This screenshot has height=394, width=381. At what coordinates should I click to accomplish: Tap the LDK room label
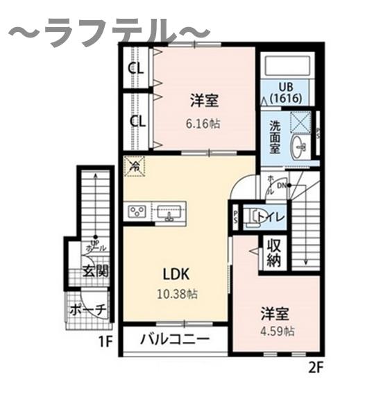[x=177, y=273]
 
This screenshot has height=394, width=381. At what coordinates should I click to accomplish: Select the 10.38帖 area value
[x=177, y=293]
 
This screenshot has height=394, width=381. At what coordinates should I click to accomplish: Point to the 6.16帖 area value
[x=204, y=125]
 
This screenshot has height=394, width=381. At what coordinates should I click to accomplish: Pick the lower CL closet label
[x=137, y=120]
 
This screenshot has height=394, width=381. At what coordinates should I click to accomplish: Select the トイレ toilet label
[x=269, y=217]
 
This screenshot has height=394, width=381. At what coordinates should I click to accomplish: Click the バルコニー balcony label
[x=174, y=340]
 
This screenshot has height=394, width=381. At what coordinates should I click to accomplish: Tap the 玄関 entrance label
[x=95, y=271]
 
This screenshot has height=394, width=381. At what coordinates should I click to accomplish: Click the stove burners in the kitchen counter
[x=137, y=212]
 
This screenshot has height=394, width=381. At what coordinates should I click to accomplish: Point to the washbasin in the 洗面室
[x=300, y=147]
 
